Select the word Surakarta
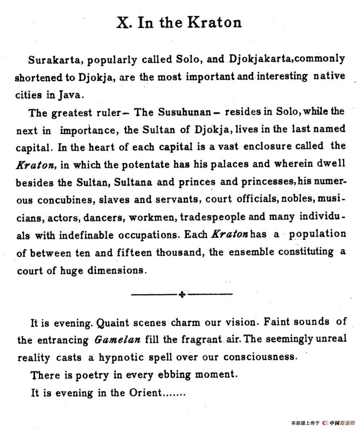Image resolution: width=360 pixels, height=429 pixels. (x=55, y=60)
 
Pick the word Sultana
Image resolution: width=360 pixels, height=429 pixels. (x=135, y=182)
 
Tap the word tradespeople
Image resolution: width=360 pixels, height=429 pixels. (x=218, y=217)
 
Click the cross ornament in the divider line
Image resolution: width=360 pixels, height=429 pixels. (x=182, y=295)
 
